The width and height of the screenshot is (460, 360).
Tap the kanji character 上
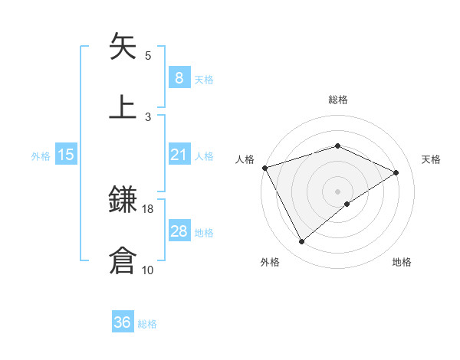[x=123, y=106]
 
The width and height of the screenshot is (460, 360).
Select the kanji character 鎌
[x=123, y=201]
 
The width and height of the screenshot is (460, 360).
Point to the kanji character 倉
[x=123, y=260]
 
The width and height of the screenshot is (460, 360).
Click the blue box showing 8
[x=179, y=78]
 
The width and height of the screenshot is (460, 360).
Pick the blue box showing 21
[x=179, y=155]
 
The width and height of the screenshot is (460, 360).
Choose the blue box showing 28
[x=179, y=231]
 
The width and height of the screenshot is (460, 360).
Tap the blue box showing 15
[x=66, y=155]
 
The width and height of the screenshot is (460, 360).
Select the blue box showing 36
[x=123, y=322]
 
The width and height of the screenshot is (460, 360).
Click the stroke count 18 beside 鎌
[x=148, y=208]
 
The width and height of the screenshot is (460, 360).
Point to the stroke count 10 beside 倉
[x=148, y=270]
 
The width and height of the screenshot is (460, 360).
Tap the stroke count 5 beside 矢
[x=148, y=56]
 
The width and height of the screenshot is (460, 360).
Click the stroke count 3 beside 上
[x=148, y=116]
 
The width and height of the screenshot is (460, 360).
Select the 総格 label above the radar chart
[x=337, y=100]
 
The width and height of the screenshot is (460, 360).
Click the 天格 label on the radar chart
[x=431, y=159]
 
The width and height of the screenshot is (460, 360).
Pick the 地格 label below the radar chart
[x=402, y=262]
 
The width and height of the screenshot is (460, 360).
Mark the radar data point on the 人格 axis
[x=264, y=167]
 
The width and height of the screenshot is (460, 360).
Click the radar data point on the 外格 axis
[x=301, y=241]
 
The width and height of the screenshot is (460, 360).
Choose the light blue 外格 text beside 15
[x=41, y=155]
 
